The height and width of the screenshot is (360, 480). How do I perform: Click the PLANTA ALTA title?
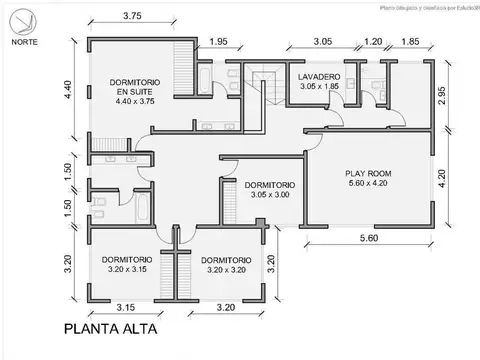(x=109, y=328)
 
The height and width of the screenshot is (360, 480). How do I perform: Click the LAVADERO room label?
(x=319, y=77)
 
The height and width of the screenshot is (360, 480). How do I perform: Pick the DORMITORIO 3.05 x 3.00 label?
(x=268, y=185)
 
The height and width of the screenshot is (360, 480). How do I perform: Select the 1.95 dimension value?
(x=218, y=42)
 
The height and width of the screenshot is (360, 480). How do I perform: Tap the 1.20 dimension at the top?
(x=372, y=42)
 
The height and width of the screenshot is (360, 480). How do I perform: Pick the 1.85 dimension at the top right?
(x=408, y=42)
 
